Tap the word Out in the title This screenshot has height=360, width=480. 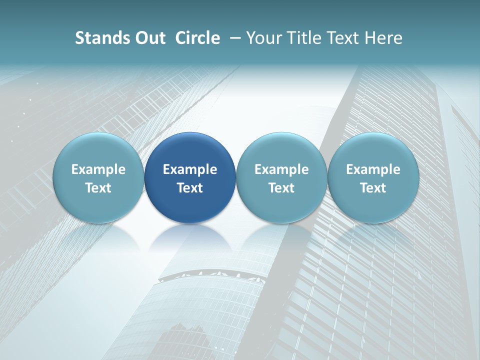tap(149, 38)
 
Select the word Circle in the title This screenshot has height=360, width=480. tap(197, 38)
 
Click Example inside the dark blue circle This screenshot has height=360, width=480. tap(190, 169)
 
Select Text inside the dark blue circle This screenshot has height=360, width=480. tap(190, 188)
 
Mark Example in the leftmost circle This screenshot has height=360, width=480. tap(98, 169)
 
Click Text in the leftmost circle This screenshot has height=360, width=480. tap(98, 188)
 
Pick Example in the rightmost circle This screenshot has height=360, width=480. tap(373, 169)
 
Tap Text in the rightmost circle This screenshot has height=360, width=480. tap(373, 188)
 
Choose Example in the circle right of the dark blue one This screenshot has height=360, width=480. tap(281, 169)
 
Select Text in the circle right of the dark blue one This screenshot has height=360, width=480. tap(281, 188)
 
